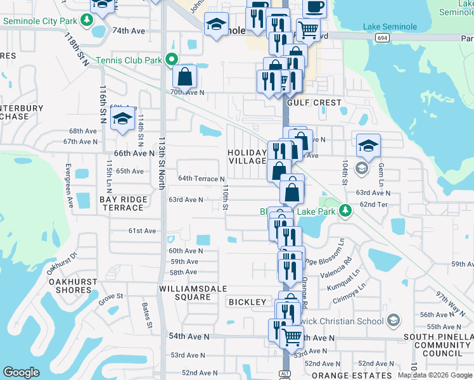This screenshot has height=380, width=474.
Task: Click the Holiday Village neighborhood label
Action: click(x=247, y=156)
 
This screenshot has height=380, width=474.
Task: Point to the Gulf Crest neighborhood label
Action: click(x=314, y=103)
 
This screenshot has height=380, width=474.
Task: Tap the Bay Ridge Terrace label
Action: click(x=123, y=203)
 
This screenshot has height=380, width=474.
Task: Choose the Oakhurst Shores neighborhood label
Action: click(x=72, y=286)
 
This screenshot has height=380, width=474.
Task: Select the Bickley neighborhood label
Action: click(x=247, y=302)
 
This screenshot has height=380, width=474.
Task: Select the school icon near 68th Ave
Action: click(x=122, y=118)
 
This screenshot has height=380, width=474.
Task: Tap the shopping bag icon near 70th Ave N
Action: click(x=184, y=77)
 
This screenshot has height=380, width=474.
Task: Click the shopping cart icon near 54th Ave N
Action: click(x=291, y=336)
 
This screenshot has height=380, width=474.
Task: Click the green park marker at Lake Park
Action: click(x=345, y=210)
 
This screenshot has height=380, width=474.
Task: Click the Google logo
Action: click(x=21, y=372)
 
